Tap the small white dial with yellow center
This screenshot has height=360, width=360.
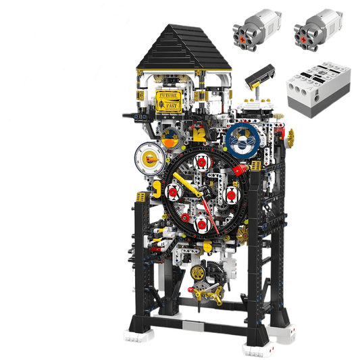pyautogui.click(x=148, y=160)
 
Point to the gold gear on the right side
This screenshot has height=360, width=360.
pyautogui.click(x=292, y=143)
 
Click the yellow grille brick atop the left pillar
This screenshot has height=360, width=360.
pyautogui.click(x=140, y=197)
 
